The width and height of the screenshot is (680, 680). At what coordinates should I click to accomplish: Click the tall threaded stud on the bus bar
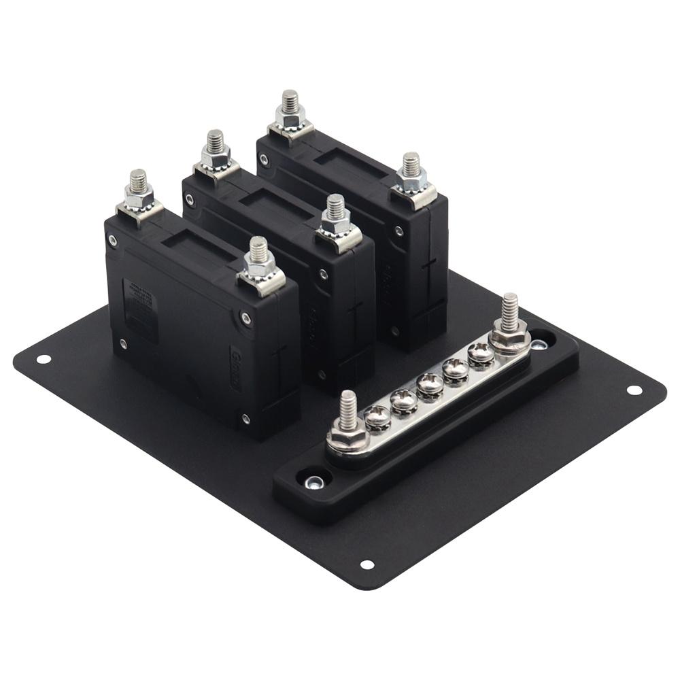[x=510, y=313]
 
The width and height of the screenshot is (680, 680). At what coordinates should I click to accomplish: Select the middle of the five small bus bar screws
[x=430, y=384]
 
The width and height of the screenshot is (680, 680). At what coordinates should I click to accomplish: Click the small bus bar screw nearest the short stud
[x=378, y=417]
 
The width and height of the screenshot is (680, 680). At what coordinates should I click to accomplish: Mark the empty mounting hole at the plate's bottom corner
[x=367, y=564]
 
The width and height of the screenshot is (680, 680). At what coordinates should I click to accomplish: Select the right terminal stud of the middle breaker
[x=335, y=212]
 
